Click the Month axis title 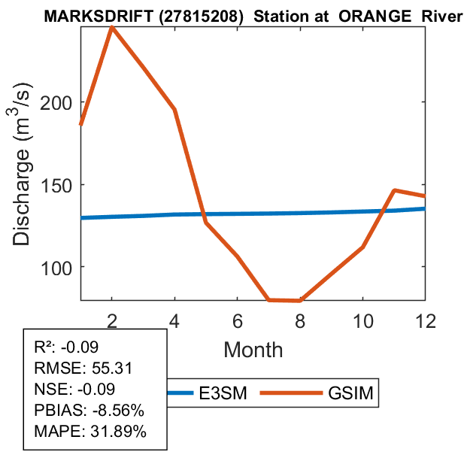click(x=253, y=349)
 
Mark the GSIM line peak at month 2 click(x=112, y=28)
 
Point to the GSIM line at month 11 click(x=394, y=190)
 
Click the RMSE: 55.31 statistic click(x=77, y=368)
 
